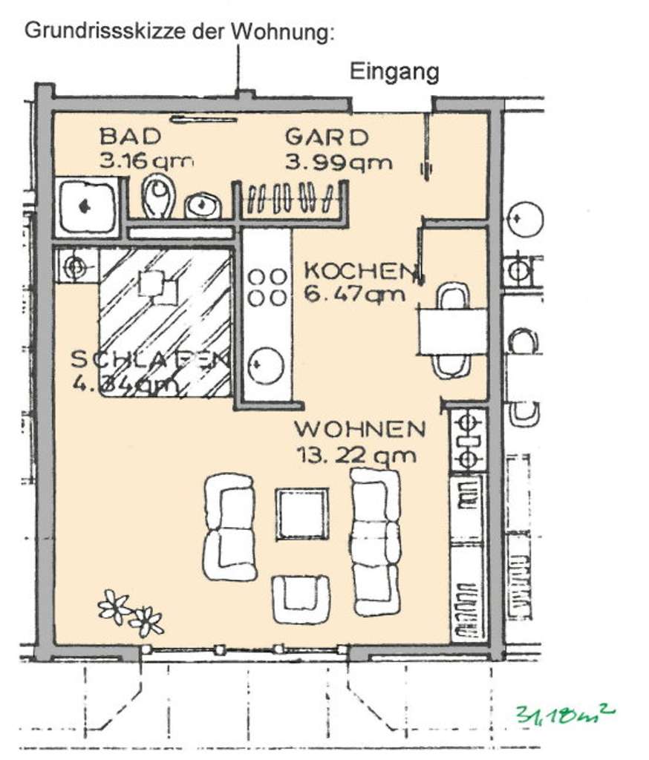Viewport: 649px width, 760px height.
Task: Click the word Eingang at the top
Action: tap(394, 72)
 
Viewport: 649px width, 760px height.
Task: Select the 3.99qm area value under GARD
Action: tap(339, 163)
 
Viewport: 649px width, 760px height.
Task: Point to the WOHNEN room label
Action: tap(360, 429)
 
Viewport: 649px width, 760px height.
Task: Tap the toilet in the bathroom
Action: tap(158, 196)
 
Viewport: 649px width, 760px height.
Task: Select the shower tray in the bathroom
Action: tap(87, 205)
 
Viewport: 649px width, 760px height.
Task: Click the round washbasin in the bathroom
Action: tap(200, 204)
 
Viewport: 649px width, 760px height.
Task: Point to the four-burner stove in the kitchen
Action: tap(267, 286)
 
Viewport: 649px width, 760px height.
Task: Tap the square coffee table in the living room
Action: tap(302, 514)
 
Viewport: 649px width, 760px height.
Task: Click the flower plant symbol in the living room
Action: tap(131, 612)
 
